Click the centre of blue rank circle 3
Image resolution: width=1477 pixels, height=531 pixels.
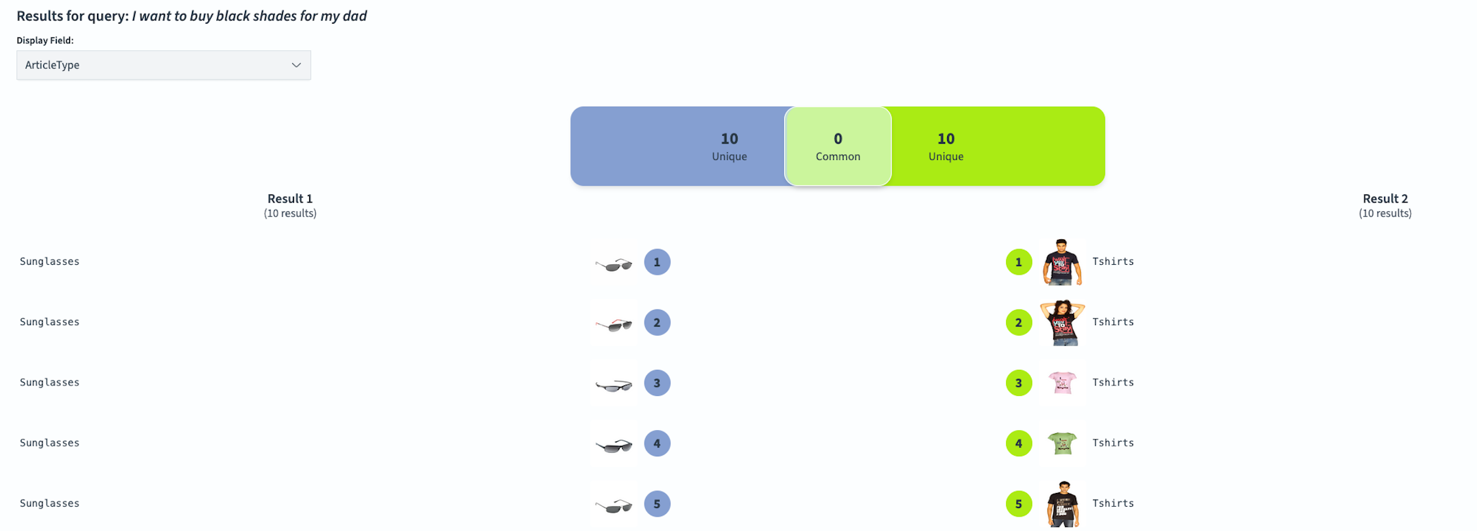coord(657,383)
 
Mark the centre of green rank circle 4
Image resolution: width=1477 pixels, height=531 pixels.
coord(1019,443)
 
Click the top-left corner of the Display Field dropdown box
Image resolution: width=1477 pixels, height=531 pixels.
coord(17,51)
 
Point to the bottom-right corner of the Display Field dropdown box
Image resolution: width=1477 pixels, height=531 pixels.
coord(311,80)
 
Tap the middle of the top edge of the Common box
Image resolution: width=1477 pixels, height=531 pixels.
coord(838,107)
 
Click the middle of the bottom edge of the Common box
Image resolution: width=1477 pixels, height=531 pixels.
coord(838,186)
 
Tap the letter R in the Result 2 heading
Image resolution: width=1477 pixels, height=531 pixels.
coord(1367,199)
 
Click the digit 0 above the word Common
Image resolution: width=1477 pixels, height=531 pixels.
coord(838,139)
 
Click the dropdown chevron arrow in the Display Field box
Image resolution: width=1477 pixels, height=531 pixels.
coord(296,65)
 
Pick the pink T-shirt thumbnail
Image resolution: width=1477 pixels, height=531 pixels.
coord(1062,382)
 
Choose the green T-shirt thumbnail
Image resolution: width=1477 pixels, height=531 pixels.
coord(1062,443)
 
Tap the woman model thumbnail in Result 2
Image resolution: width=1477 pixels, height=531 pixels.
coord(1062,323)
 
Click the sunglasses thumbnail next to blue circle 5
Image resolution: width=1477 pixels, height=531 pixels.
coord(614,505)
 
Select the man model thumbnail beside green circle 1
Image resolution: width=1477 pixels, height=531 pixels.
coord(1062,262)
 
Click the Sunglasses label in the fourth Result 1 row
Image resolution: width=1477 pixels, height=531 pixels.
coord(50,443)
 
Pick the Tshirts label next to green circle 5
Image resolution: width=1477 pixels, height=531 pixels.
coord(1113,503)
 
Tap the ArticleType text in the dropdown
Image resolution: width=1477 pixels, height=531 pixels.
coord(52,65)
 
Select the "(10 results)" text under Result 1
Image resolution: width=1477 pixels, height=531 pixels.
coord(290,213)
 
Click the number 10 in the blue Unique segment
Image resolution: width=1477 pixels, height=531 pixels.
coord(729,139)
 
